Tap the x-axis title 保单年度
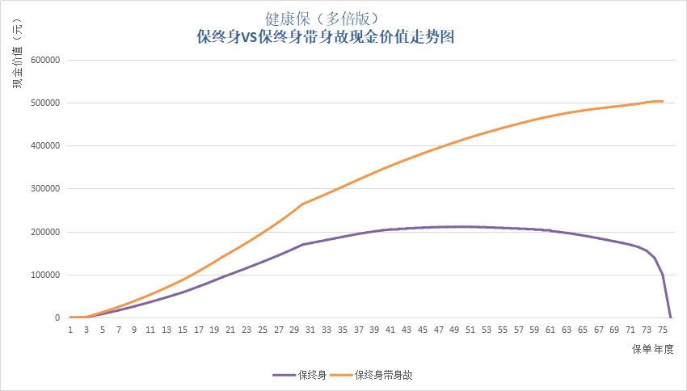[652, 349]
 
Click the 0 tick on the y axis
[57, 317]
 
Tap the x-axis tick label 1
[70, 330]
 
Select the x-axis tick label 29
[294, 330]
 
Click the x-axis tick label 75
[662, 330]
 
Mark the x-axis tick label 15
[182, 330]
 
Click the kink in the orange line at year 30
[302, 204]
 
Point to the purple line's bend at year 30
[302, 244]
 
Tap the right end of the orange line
[663, 101]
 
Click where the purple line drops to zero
[670, 317]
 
